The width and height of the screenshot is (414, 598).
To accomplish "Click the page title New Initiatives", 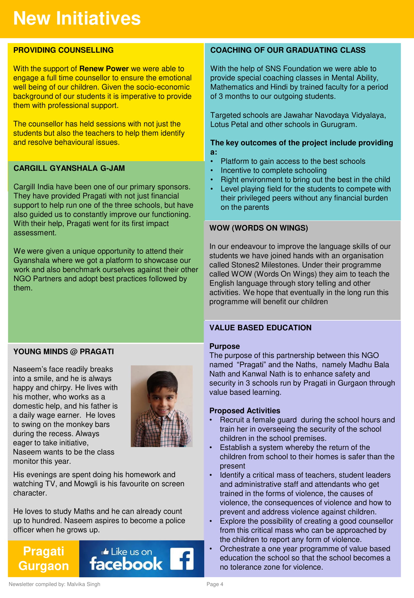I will pyautogui.click(x=77, y=18).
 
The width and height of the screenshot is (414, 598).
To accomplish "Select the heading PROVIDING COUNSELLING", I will pyautogui.click(x=63, y=50).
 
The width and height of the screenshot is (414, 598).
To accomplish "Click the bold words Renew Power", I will pyautogui.click(x=104, y=69).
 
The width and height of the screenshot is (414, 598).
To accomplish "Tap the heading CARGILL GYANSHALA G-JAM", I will pyautogui.click(x=69, y=168).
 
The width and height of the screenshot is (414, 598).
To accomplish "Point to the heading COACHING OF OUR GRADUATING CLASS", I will pyautogui.click(x=288, y=50).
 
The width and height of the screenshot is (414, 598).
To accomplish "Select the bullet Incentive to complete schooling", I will pyautogui.click(x=274, y=171).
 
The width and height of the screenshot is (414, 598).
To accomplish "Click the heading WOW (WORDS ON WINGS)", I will pyautogui.click(x=259, y=228).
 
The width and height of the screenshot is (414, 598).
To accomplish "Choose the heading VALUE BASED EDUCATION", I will pyautogui.click(x=260, y=328).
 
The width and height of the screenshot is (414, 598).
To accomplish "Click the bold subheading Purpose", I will pyautogui.click(x=224, y=346).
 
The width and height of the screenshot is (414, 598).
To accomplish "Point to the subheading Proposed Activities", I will pyautogui.click(x=245, y=411).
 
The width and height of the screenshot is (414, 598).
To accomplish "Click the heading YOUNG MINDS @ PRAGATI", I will pyautogui.click(x=64, y=352).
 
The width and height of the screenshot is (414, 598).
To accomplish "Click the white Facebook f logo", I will pyautogui.click(x=182, y=559).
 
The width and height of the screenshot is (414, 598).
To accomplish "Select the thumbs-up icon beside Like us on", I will pyautogui.click(x=105, y=552).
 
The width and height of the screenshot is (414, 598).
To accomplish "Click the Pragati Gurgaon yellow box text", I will pyautogui.click(x=44, y=559).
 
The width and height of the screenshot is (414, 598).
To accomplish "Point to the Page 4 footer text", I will pyautogui.click(x=215, y=584).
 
